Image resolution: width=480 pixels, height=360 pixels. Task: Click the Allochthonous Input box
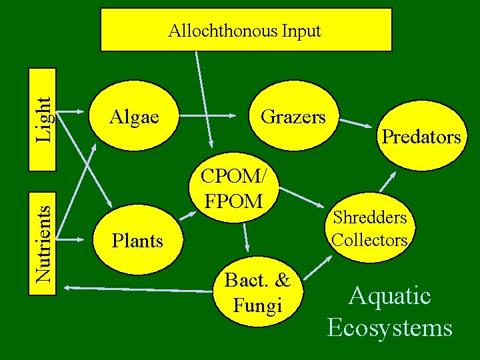tap(246, 30)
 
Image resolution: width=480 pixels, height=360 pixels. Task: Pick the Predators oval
tap(421, 137)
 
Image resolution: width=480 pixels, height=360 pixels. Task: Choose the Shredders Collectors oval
tap(370, 227)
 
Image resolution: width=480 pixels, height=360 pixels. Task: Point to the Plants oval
tap(137, 240)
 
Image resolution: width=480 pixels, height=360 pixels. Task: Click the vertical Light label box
tap(44, 117)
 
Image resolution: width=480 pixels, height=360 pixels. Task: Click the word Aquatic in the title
tap(390, 296)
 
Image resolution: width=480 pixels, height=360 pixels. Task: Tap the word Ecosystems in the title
tap(390, 328)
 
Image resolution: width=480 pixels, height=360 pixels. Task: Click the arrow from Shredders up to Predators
tap(387, 183)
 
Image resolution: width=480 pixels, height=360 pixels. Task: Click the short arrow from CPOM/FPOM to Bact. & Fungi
tap(246, 236)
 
